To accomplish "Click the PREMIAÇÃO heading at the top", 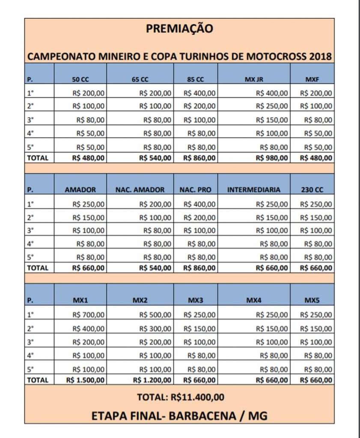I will coord(179,29).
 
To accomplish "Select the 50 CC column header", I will coord(80,80).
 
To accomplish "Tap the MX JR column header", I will coord(254,80).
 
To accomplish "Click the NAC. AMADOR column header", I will coord(140,189).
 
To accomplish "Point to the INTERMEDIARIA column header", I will coord(254,189).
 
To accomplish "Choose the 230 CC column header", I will coord(312,189).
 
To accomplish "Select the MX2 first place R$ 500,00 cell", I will coord(155,315).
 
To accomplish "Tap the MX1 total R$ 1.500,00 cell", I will coord(85,379).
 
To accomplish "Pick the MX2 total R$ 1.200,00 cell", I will coord(152,379).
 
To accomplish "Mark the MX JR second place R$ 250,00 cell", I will coord(272,106).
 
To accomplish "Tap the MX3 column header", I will coord(196,300).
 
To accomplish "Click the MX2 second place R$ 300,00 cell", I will coord(155,328).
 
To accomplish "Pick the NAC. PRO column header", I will coord(196,189).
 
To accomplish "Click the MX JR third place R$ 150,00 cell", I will coord(272,120).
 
